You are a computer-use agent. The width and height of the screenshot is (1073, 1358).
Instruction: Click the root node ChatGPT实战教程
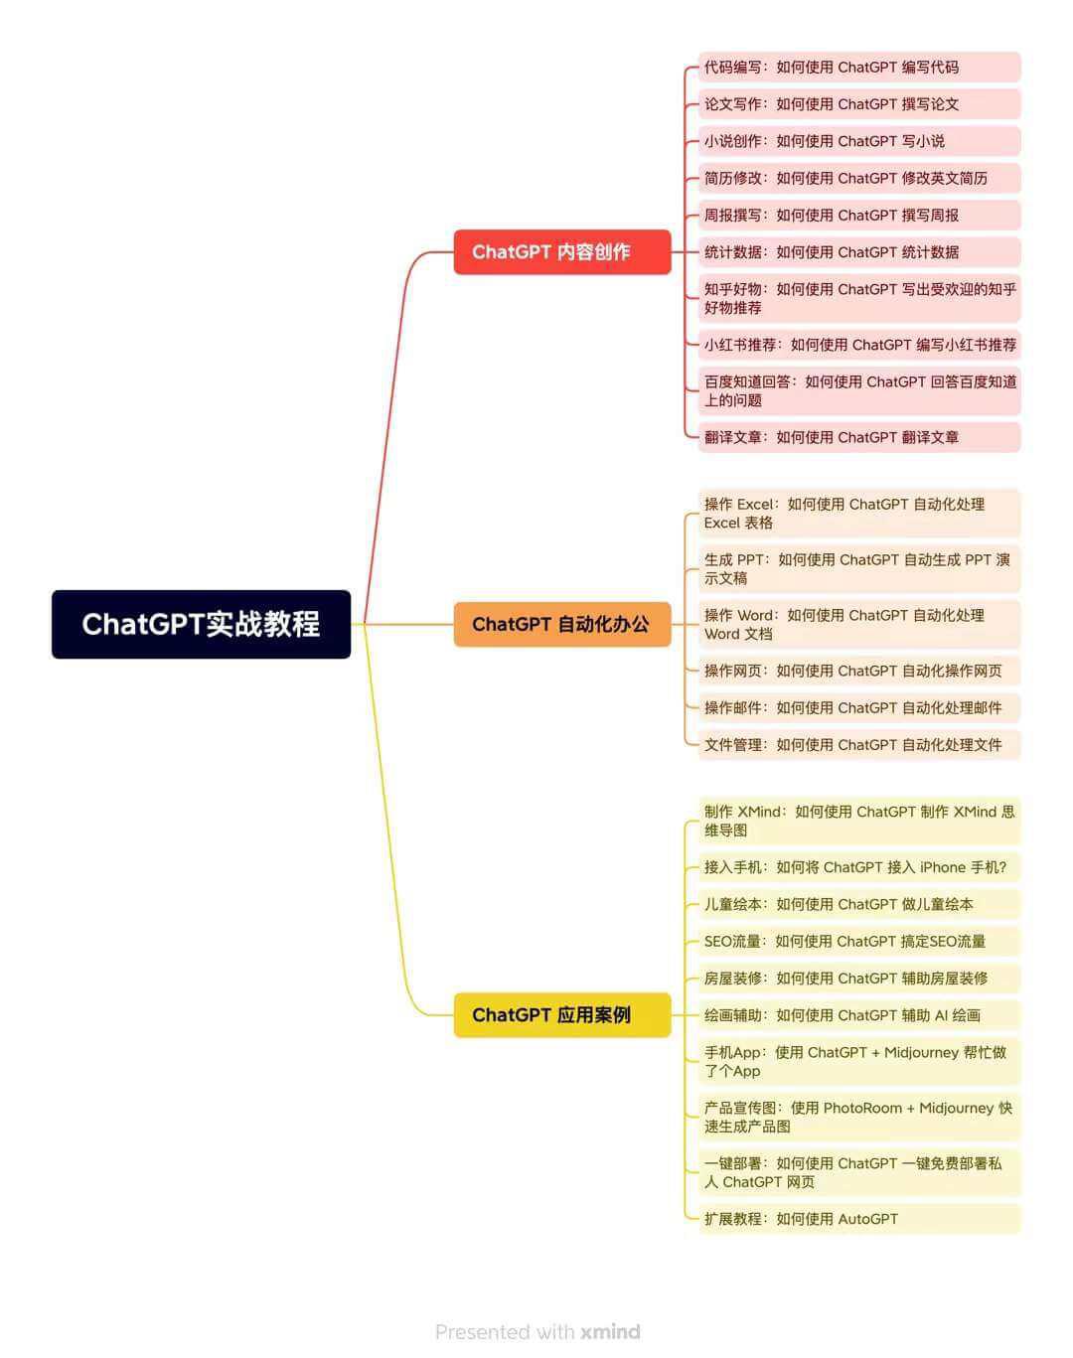pyautogui.click(x=201, y=624)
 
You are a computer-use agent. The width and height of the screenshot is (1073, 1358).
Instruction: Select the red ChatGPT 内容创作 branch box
pyautogui.click(x=561, y=251)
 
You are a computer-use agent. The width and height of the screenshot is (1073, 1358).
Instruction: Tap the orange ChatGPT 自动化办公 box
pyautogui.click(x=561, y=624)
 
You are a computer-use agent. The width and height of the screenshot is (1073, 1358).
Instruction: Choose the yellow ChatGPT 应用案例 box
pyautogui.click(x=561, y=1014)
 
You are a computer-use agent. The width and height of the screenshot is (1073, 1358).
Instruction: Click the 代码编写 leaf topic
pyautogui.click(x=859, y=67)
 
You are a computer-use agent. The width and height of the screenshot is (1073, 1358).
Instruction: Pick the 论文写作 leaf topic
pyautogui.click(x=859, y=104)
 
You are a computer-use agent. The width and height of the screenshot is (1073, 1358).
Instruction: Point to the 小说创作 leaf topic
pyautogui.click(x=859, y=141)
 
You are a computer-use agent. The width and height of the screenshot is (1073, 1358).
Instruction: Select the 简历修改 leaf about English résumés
pyautogui.click(x=859, y=178)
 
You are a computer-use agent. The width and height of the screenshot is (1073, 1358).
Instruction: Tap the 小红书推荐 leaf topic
pyautogui.click(x=859, y=345)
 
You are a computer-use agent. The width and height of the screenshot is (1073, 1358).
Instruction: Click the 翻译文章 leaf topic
pyautogui.click(x=859, y=437)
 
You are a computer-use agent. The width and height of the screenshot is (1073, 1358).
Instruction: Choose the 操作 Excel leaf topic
pyautogui.click(x=859, y=513)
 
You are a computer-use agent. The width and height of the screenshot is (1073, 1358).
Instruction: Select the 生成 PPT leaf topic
pyautogui.click(x=859, y=568)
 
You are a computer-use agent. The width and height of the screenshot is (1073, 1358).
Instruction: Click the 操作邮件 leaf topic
pyautogui.click(x=859, y=707)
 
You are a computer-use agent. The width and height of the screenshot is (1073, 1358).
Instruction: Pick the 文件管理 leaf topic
pyautogui.click(x=859, y=745)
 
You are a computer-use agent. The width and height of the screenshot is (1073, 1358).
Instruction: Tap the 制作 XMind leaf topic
pyautogui.click(x=859, y=821)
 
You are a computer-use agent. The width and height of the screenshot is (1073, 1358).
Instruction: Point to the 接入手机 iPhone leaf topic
pyautogui.click(x=859, y=867)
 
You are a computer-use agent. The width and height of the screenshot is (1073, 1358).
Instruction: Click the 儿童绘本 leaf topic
pyautogui.click(x=859, y=904)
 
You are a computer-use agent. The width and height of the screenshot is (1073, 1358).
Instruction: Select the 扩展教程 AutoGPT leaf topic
pyautogui.click(x=859, y=1219)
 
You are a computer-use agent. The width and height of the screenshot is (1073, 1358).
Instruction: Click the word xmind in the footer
pyautogui.click(x=610, y=1331)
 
